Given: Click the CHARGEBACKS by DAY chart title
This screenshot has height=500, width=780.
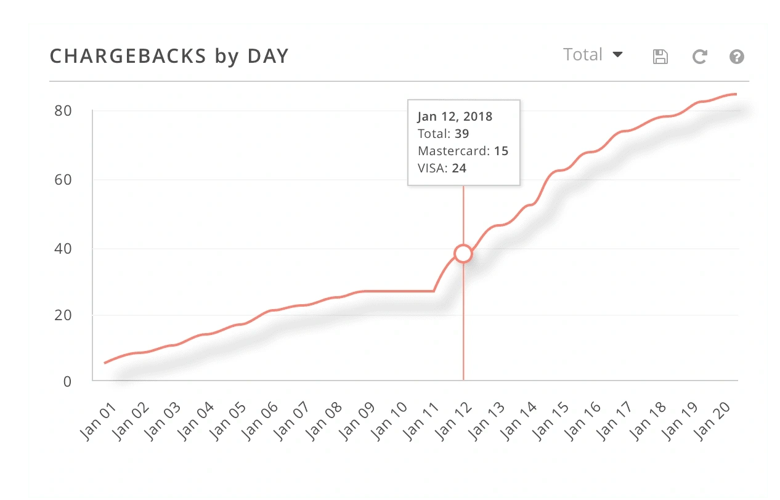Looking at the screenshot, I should click(x=169, y=56).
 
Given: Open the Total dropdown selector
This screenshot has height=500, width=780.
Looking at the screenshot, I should click(x=593, y=55).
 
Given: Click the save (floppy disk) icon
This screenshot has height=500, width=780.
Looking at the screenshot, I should click(x=660, y=57).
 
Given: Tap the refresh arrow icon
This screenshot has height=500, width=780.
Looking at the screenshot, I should click(x=699, y=57).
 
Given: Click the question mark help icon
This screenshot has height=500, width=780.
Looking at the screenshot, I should click(x=736, y=57).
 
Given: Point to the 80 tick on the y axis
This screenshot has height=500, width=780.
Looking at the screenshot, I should click(x=63, y=111).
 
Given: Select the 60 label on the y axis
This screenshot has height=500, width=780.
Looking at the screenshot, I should click(x=63, y=180).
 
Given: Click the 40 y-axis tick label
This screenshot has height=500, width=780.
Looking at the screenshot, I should click(x=63, y=249).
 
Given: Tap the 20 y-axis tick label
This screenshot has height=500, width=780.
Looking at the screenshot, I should click(x=63, y=315).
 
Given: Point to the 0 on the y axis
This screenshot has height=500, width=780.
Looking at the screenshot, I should click(x=67, y=381).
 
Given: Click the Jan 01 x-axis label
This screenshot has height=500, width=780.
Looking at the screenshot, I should click(x=96, y=421).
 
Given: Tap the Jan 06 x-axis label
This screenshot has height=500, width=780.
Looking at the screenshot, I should click(x=259, y=421).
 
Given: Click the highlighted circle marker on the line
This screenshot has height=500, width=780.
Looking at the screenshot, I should click(x=463, y=254).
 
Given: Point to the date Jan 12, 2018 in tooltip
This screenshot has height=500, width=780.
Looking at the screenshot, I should click(x=455, y=116).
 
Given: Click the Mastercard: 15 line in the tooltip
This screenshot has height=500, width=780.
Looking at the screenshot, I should click(x=463, y=151).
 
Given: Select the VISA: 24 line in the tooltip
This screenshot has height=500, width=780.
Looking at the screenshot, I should click(x=442, y=167).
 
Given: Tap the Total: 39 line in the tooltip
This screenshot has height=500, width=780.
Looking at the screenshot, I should click(x=444, y=134).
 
